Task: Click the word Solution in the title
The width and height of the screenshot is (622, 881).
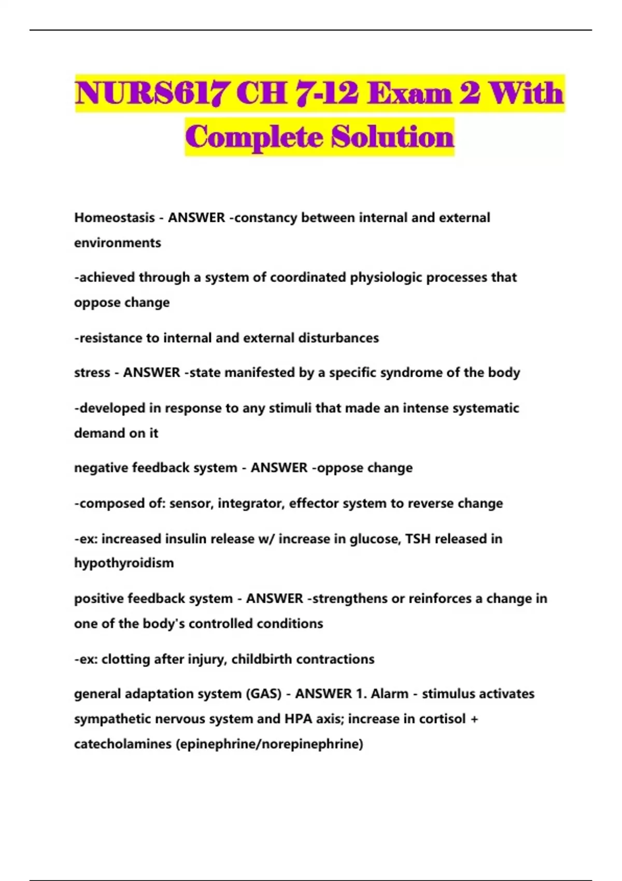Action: pos(393,137)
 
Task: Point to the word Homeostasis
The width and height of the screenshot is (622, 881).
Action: pos(115,218)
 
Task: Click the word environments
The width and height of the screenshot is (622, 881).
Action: pos(118,243)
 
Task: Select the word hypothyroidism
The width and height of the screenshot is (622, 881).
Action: pos(124,563)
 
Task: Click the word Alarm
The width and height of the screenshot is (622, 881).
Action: pos(389,694)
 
